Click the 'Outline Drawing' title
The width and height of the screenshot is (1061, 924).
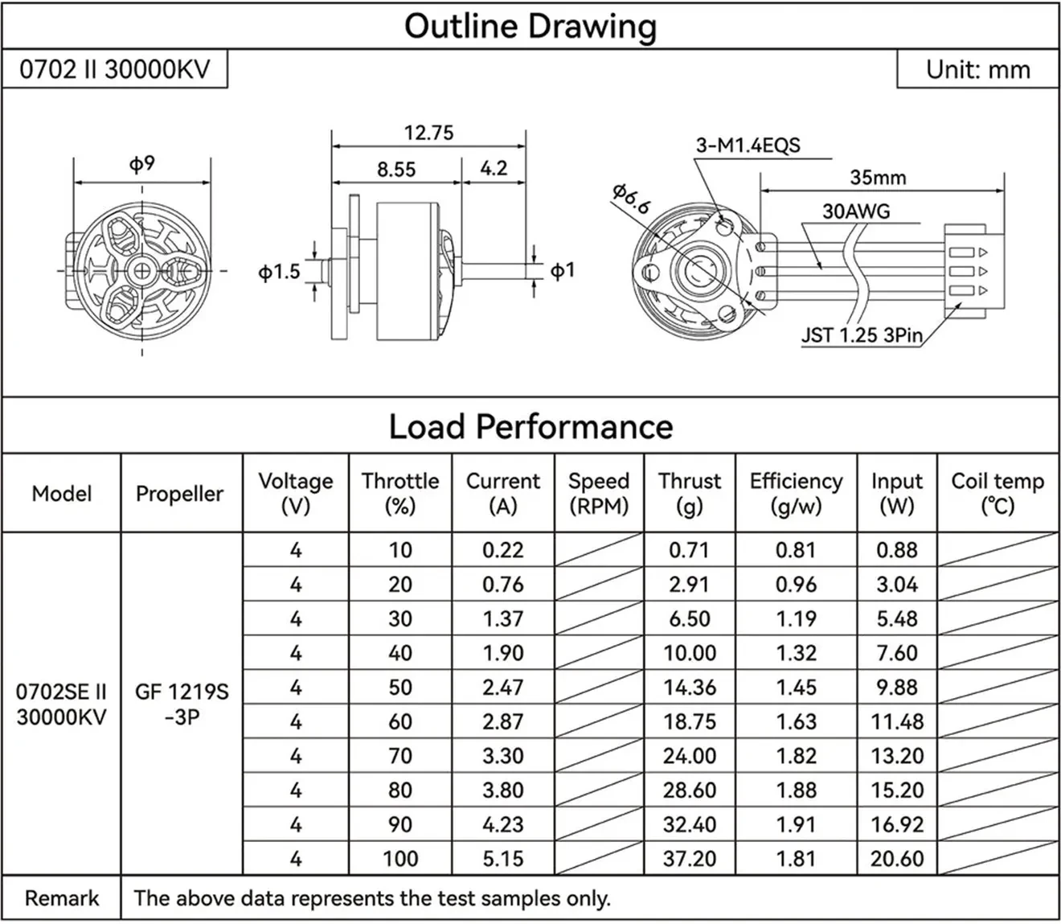[530, 26]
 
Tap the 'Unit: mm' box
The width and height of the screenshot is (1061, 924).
[977, 70]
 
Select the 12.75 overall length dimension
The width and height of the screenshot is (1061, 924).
[428, 133]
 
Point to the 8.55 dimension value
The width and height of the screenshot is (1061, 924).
[396, 170]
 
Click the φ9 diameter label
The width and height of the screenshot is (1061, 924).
[141, 164]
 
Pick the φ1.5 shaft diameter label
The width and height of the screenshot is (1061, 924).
[279, 272]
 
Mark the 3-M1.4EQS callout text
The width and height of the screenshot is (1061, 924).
[748, 146]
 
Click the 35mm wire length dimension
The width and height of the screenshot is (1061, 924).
[878, 178]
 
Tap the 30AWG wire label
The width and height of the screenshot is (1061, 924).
[856, 211]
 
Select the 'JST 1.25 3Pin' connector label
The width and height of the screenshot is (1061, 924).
[861, 335]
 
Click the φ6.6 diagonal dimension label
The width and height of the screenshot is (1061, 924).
[630, 199]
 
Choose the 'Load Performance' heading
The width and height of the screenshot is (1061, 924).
[530, 426]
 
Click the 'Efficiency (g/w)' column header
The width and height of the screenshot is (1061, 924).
[796, 493]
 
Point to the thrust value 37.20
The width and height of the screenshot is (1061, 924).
[689, 859]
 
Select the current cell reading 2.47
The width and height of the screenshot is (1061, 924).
[502, 688]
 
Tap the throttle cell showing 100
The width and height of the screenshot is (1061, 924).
[399, 859]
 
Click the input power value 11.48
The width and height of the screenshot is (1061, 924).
[896, 722]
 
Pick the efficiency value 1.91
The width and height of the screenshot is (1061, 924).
[796, 824]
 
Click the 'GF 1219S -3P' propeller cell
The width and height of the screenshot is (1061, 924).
[182, 704]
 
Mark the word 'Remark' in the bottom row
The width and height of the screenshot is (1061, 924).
[62, 898]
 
